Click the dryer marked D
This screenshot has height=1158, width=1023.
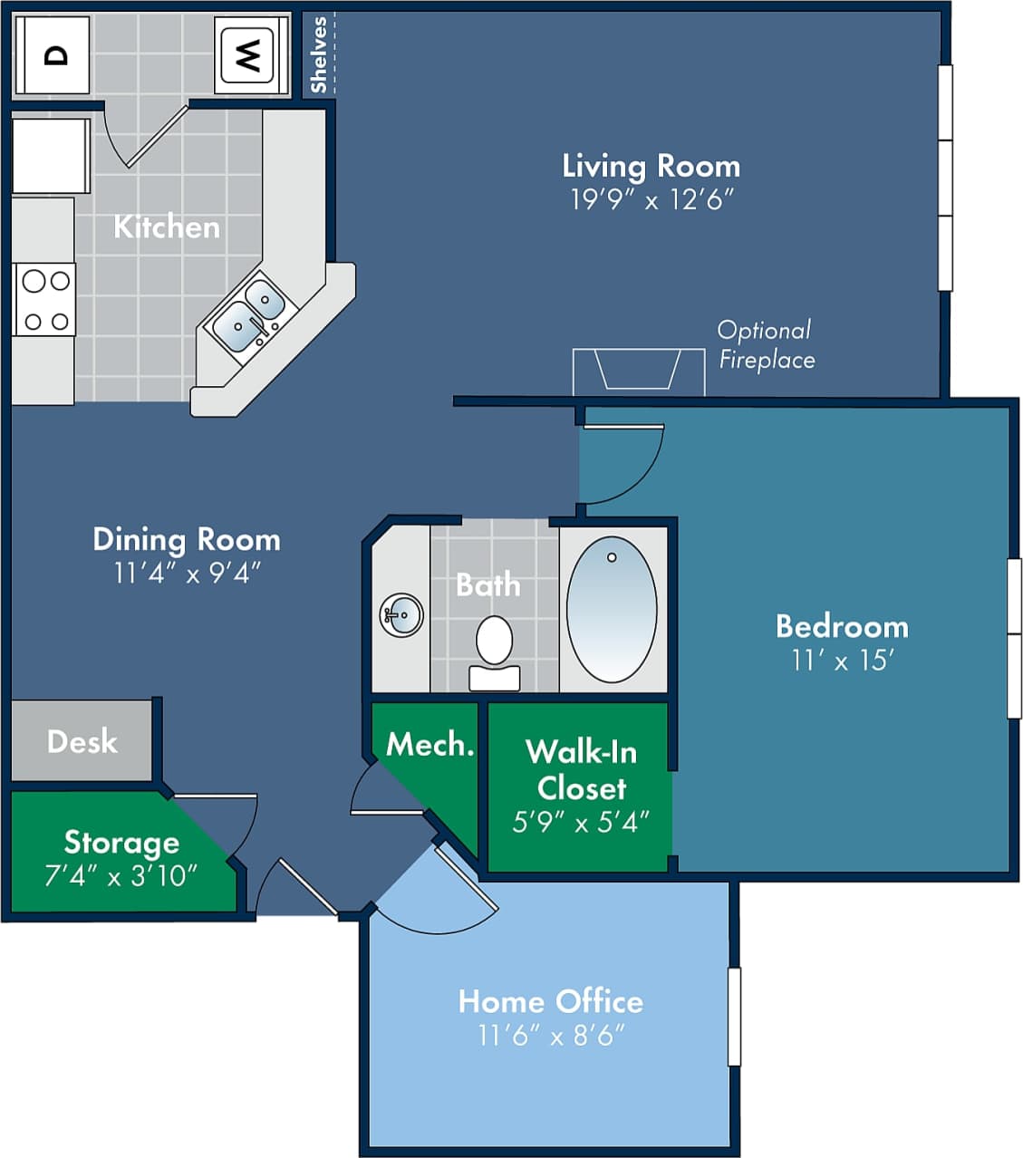54,55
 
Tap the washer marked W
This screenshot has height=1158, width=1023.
246,55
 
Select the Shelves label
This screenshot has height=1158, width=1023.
318,54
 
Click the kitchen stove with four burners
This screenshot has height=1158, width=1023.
45,300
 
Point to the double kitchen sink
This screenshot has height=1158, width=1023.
251,313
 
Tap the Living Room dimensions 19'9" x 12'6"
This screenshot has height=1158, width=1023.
651,199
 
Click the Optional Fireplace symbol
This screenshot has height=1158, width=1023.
638,370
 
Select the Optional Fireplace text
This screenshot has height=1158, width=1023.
766,345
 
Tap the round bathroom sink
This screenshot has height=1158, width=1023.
401,616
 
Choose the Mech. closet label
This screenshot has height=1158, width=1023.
429,745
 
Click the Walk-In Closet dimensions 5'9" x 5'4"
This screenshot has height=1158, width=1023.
581,822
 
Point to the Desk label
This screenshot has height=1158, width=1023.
82,742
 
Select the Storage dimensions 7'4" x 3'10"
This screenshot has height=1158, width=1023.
121,876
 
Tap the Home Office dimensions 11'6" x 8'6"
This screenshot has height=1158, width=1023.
551,1035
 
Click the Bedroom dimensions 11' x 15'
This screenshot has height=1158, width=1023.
842,661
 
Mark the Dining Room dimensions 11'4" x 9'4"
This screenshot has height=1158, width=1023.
187,573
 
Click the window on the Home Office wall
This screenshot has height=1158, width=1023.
734,1016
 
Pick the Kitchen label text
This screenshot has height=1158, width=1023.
167,227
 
